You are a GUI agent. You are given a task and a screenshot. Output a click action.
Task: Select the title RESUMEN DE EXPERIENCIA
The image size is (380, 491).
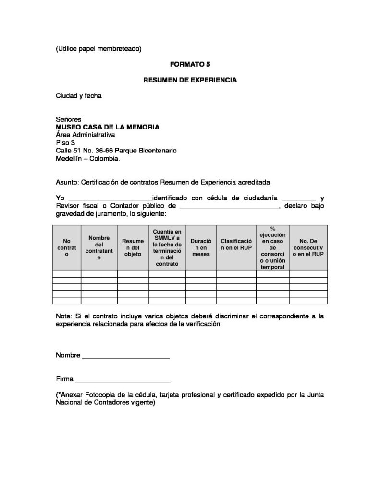[190, 80]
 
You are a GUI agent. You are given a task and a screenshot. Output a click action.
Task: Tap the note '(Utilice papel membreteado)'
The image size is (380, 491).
[98, 48]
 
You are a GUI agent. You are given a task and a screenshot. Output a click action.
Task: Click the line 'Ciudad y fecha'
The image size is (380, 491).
[79, 95]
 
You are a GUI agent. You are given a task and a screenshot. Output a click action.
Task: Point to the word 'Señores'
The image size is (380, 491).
[69, 119]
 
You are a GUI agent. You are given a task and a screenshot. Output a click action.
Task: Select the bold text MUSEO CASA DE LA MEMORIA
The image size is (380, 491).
[108, 127]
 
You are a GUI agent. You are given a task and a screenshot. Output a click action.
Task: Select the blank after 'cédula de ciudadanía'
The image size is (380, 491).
[298, 199]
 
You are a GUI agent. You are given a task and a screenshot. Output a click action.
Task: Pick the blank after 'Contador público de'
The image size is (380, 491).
[229, 206]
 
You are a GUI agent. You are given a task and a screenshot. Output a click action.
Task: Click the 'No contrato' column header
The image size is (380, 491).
[66, 247]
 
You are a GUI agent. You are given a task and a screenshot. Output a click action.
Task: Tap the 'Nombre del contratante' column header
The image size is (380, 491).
[99, 247]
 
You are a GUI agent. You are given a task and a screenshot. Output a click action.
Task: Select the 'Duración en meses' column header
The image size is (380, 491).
[201, 247]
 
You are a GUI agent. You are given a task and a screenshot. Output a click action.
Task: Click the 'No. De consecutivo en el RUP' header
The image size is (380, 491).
[308, 247]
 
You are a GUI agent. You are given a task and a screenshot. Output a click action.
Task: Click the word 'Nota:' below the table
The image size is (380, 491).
[64, 316]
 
